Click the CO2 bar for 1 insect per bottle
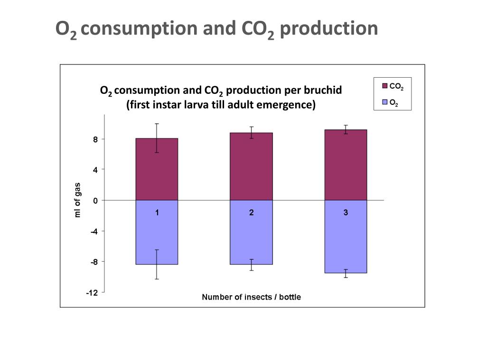click(x=157, y=169)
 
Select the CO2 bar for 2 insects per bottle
click(x=251, y=166)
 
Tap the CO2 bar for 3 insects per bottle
click(x=346, y=165)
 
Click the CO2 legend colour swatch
click(x=385, y=86)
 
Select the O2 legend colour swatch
click(x=385, y=102)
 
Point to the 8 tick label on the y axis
click(x=95, y=139)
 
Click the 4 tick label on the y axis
click(x=95, y=170)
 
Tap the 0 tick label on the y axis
click(x=95, y=200)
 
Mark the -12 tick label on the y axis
click(x=92, y=293)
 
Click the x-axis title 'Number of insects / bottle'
click(x=251, y=297)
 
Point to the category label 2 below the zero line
click(x=251, y=213)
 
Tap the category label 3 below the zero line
click(x=346, y=213)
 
